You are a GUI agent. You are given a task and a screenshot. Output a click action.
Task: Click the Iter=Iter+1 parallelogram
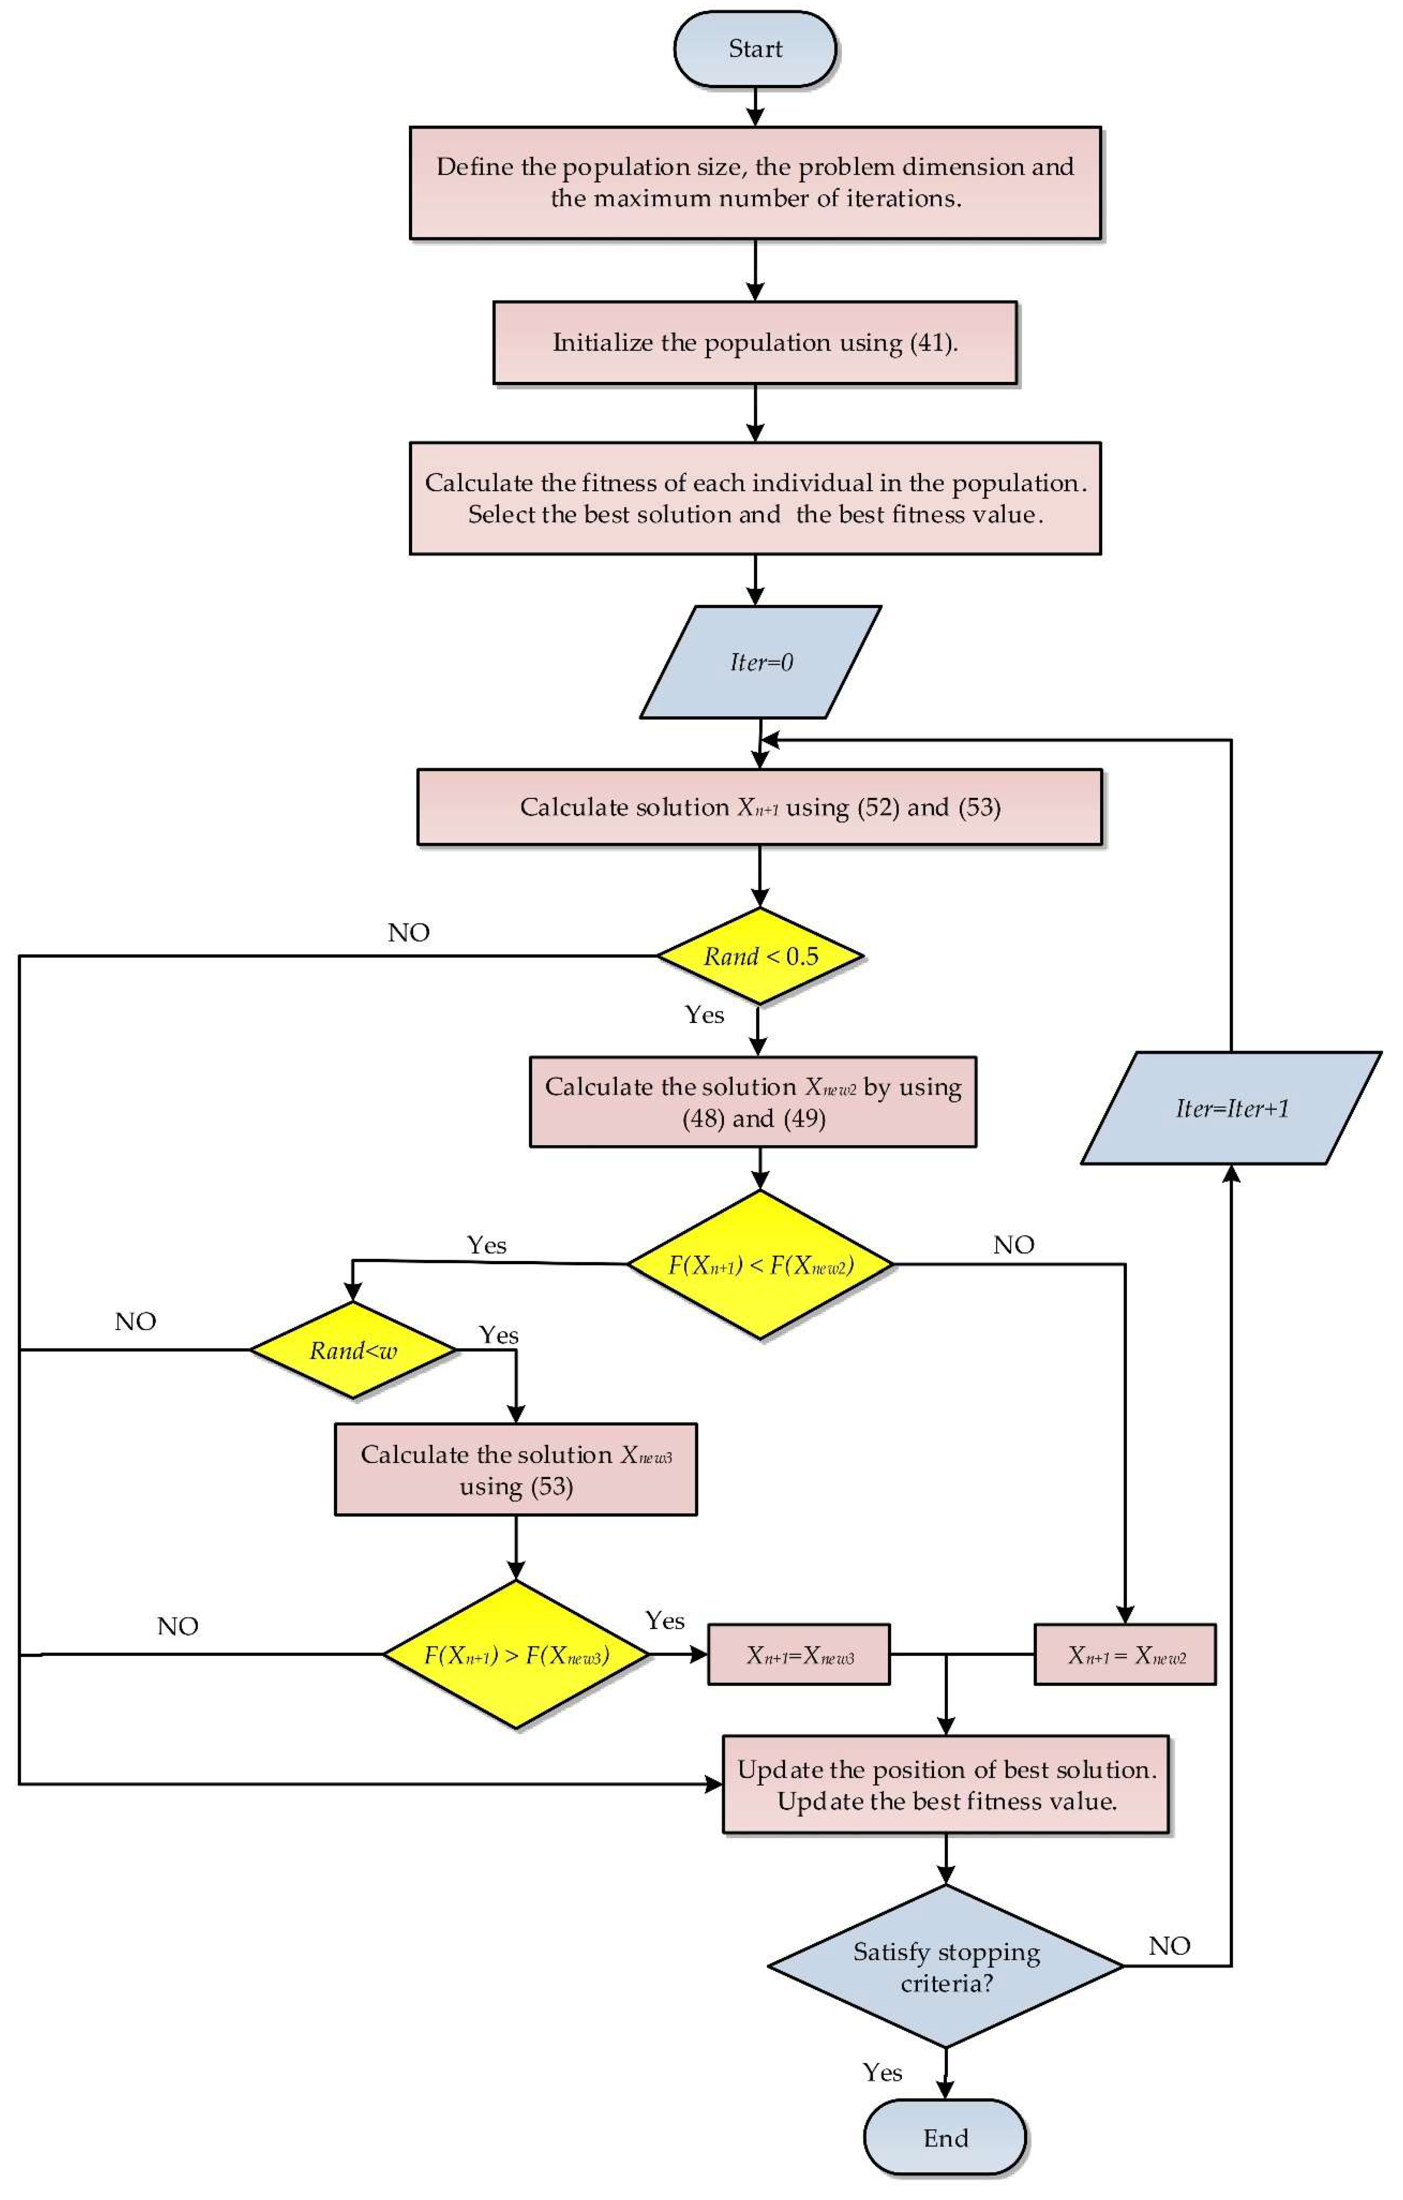[x=1231, y=1108]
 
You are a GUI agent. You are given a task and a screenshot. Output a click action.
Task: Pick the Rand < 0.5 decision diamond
[x=760, y=956]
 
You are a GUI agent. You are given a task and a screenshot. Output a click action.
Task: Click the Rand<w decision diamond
[x=353, y=1350]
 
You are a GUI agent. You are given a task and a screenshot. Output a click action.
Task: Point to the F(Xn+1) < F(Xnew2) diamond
[x=760, y=1265]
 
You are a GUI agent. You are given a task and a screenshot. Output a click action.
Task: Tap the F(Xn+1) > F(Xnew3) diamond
[x=516, y=1654]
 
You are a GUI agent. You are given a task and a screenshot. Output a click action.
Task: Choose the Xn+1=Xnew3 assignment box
[x=798, y=1654]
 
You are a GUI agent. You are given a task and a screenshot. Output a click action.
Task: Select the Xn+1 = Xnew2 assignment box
[x=1125, y=1654]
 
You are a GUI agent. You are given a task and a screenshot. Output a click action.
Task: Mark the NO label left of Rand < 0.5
[x=408, y=933]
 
